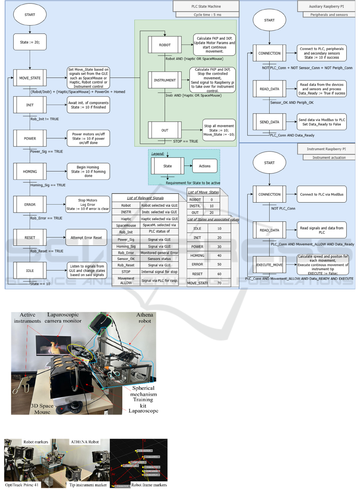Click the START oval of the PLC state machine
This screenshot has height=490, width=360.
pyautogui.click(x=30, y=15)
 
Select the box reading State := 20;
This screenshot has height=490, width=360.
pyautogui.click(x=30, y=42)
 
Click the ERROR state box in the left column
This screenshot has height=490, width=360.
pyautogui.click(x=30, y=204)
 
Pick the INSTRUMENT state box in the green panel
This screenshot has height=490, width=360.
pyautogui.click(x=165, y=80)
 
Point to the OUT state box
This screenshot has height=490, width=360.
pyautogui.click(x=165, y=130)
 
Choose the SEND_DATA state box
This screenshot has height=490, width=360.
pyautogui.click(x=269, y=122)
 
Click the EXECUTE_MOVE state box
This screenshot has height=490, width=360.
pyautogui.click(x=269, y=265)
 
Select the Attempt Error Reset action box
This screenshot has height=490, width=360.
pyautogui.click(x=87, y=237)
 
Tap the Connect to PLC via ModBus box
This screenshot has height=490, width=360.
pyautogui.click(x=321, y=194)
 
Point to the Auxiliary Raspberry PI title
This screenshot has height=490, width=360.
pyautogui.click(x=326, y=6)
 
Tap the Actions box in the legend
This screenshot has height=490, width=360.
pyautogui.click(x=205, y=166)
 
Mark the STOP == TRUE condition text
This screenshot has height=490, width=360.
pyautogui.click(x=185, y=141)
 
